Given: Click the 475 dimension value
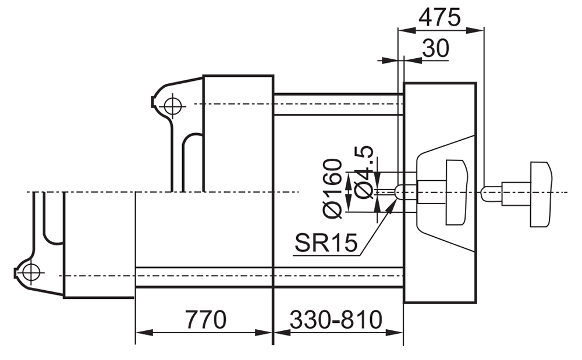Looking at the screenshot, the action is pos(439,17).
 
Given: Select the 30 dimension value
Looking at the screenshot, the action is pos(435,48).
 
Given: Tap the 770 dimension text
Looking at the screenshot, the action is pos(205,320).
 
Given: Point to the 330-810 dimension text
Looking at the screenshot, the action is pos(336,320).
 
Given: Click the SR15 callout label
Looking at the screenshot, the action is pos(327,243).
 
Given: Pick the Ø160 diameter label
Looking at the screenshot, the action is pos(332,188).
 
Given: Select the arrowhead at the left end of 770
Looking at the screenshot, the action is pos(144,333).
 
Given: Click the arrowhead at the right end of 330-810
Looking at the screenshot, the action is pos(395,333).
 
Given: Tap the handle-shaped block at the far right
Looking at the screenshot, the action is pos(541,194).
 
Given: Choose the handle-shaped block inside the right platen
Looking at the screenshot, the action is pos(456,192).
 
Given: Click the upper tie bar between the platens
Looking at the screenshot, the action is pos(338,105).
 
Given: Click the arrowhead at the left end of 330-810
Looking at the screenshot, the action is pos(282,333).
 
